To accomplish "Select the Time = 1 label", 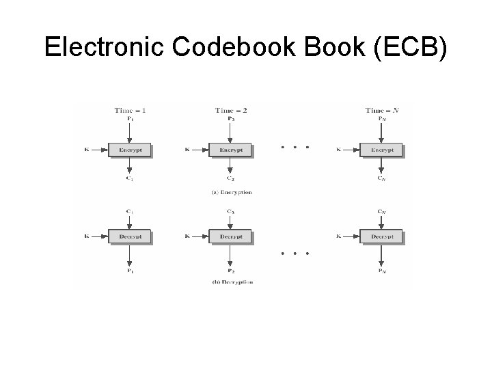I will (x=130, y=110).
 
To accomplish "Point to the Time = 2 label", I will (x=231, y=110).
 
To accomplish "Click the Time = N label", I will (x=382, y=110).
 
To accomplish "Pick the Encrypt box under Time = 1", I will (x=130, y=150).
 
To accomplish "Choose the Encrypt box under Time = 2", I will (x=230, y=150).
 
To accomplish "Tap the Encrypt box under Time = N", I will (x=381, y=150).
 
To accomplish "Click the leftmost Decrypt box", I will (x=130, y=236).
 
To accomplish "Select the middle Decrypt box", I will (x=230, y=236).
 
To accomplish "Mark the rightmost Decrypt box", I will (x=381, y=236).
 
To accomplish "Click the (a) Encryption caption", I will (x=232, y=193).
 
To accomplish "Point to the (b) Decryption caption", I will (x=232, y=282).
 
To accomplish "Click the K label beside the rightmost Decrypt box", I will (x=340, y=236).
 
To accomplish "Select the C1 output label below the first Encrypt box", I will (x=130, y=178).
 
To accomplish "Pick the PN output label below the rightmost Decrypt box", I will (x=381, y=271).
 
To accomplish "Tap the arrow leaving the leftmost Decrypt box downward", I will (x=130, y=254).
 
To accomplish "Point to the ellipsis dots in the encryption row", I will (x=295, y=147).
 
